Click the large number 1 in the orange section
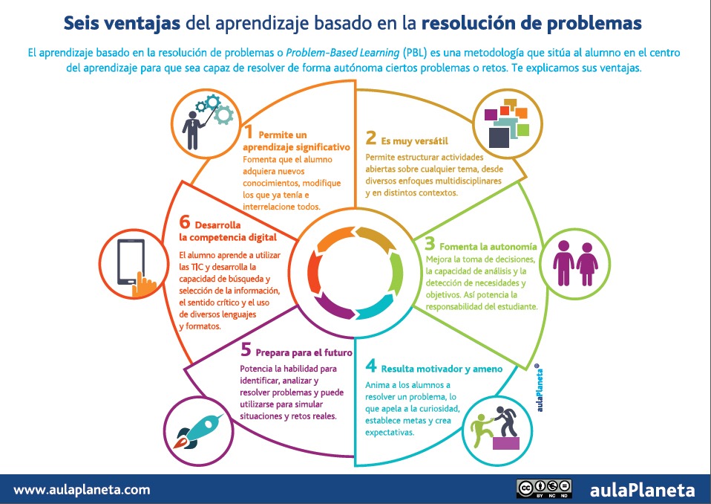250,134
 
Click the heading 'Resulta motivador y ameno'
442,368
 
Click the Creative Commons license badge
544,489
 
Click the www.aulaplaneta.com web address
82,490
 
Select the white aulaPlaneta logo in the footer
643,490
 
